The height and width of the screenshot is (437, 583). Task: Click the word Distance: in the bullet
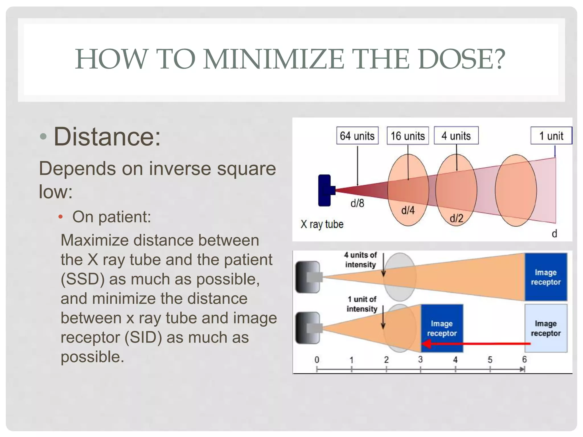click(107, 137)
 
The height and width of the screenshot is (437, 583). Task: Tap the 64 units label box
click(357, 136)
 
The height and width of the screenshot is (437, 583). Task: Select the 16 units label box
click(408, 136)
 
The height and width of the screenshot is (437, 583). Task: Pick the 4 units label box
click(456, 136)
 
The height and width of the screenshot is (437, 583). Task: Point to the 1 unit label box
click(551, 136)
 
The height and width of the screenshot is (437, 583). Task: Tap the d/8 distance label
click(357, 203)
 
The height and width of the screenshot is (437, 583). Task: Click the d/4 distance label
click(408, 210)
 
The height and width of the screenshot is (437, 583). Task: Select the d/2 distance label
click(456, 218)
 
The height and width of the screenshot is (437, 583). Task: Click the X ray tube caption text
click(322, 224)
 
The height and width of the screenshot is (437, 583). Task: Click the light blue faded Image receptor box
click(546, 328)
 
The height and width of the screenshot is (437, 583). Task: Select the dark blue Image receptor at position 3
click(442, 328)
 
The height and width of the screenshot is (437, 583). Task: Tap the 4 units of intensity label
click(360, 260)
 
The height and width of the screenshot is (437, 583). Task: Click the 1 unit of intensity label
click(362, 304)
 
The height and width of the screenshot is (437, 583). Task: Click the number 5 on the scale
click(490, 360)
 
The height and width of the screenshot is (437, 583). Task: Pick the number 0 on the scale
click(317, 360)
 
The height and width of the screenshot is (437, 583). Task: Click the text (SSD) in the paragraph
click(83, 279)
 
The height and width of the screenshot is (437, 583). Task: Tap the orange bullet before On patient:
click(60, 217)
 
